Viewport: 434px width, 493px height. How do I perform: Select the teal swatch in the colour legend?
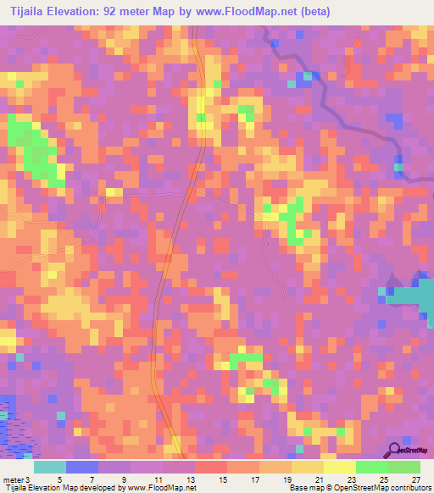(x=50, y=467)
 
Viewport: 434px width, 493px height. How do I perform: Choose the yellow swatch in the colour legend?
(x=340, y=467)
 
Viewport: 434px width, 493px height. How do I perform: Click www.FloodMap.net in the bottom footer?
(x=161, y=488)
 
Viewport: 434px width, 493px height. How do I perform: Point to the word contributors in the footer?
(x=409, y=488)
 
